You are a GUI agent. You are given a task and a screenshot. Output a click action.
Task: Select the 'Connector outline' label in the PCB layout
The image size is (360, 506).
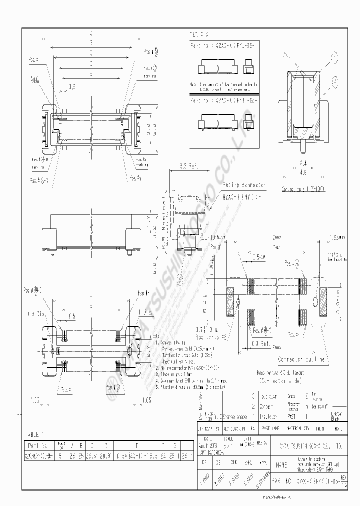tap(302, 359)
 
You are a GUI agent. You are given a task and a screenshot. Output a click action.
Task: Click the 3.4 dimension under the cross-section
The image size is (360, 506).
tap(303, 163)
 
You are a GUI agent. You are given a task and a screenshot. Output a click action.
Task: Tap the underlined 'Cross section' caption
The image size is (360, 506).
tap(303, 189)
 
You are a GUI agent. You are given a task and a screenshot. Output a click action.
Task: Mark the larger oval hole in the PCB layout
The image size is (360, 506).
tap(315, 301)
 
